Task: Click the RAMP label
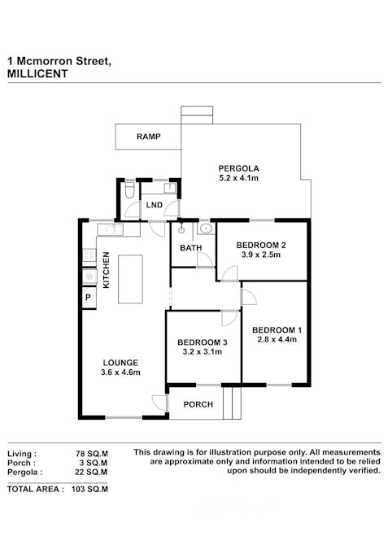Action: [148, 137]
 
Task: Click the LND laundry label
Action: [154, 205]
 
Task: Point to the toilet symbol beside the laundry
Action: [130, 192]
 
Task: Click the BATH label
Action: [190, 248]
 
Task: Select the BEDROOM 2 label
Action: [260, 245]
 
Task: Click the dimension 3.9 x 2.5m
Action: [260, 255]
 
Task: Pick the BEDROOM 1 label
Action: [277, 329]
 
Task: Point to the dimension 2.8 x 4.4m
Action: [277, 340]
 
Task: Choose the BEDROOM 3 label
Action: [202, 342]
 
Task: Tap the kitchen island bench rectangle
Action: [129, 279]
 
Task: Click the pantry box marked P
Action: [88, 298]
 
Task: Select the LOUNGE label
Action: [120, 363]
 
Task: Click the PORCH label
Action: [198, 404]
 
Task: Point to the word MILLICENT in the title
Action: [37, 72]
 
